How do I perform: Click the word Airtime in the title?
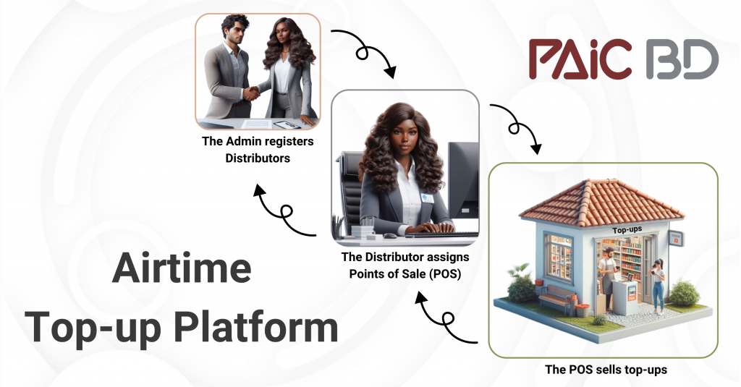[x=182, y=268]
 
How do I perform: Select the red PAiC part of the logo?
[x=580, y=59]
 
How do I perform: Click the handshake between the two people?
[x=252, y=92]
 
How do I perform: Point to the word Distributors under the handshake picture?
[x=258, y=158]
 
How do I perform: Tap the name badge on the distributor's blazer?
[x=427, y=198]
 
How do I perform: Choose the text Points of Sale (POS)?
[x=405, y=273]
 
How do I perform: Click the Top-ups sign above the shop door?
[x=627, y=230]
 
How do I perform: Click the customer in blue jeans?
[x=657, y=286]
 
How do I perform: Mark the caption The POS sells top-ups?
[x=606, y=370]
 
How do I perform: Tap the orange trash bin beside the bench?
[x=582, y=310]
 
